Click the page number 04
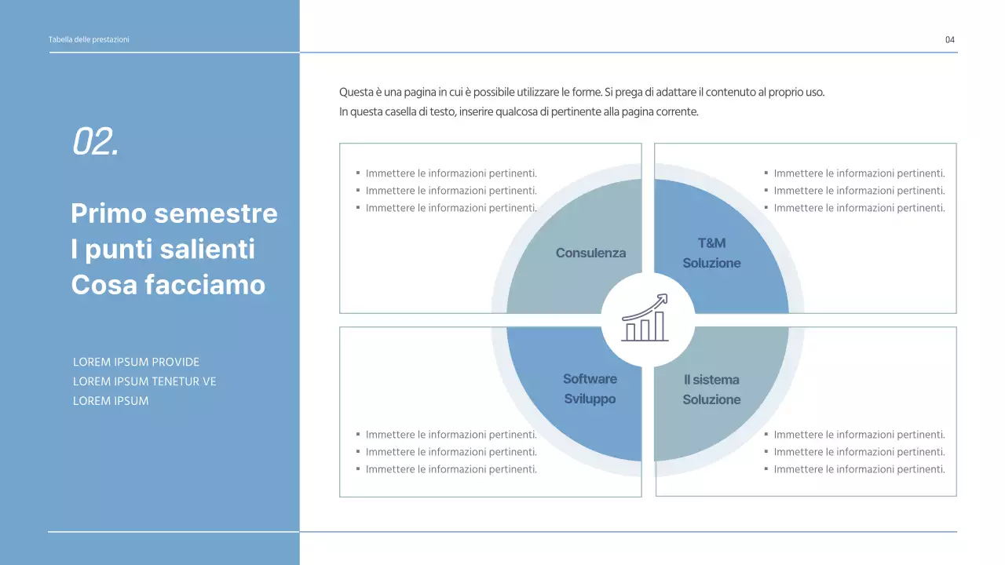(x=950, y=40)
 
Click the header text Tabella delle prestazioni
(x=89, y=40)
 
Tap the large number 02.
(x=95, y=141)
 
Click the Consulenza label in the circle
(x=590, y=253)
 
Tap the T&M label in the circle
(x=711, y=243)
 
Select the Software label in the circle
(x=590, y=379)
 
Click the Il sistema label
(x=711, y=380)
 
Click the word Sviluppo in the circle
(x=590, y=399)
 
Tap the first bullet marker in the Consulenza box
(x=358, y=173)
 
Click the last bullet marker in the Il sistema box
(x=766, y=468)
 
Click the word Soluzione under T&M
(x=711, y=263)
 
